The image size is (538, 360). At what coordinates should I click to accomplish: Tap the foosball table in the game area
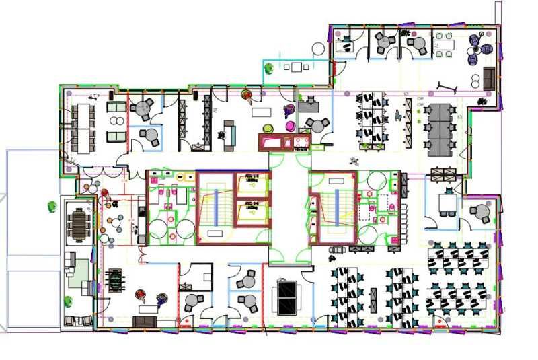pos(116,279)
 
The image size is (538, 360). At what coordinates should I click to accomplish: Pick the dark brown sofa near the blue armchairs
pos(490,79)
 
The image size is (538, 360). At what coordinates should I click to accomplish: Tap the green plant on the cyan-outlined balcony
pos(269,67)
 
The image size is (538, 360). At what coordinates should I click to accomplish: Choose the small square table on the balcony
pos(297,67)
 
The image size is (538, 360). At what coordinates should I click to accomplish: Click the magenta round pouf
pos(290,126)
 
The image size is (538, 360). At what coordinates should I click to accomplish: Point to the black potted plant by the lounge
pos(482,101)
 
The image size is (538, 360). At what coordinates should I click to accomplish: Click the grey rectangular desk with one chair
pos(309,105)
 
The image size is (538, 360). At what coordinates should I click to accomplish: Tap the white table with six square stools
pos(443,44)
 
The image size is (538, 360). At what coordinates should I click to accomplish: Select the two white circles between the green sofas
pos(116,121)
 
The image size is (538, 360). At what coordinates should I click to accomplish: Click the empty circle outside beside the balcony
pos(318,48)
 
